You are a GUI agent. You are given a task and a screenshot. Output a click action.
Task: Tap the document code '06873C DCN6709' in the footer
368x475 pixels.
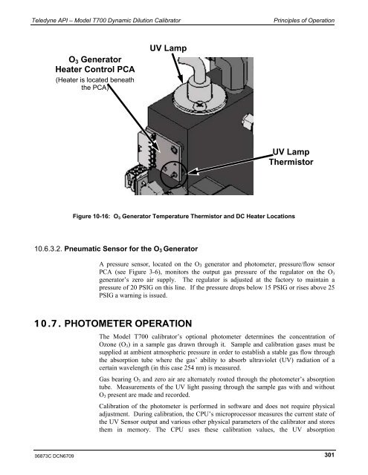pyautogui.click(x=46, y=453)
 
